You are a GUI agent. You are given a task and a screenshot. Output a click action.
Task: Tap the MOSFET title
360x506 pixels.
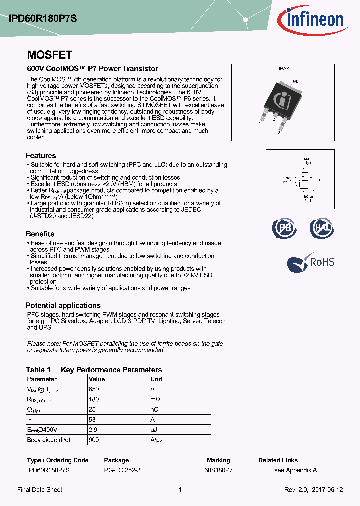(x=49, y=55)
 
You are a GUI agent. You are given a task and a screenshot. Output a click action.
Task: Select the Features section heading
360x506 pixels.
(x=41, y=156)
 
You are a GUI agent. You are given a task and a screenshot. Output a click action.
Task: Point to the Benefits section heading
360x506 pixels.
(x=40, y=234)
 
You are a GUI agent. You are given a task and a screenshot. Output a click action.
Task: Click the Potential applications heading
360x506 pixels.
(x=63, y=305)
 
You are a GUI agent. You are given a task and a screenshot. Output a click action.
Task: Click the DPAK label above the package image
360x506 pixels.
(x=283, y=69)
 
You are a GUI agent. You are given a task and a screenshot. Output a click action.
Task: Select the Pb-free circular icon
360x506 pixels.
(x=284, y=228)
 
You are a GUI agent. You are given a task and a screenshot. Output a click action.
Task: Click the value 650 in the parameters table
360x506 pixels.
(x=94, y=389)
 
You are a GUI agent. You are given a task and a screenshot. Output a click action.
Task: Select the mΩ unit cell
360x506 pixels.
(x=155, y=399)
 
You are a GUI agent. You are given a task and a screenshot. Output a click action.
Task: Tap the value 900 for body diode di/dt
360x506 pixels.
(x=94, y=440)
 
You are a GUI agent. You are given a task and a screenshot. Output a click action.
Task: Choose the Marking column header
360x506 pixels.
(x=218, y=460)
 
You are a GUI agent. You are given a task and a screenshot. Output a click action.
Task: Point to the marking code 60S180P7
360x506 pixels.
(x=218, y=470)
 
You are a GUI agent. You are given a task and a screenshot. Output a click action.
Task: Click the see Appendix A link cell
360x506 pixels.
(x=295, y=470)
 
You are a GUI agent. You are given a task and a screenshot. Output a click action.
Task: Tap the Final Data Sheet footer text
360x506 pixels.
(x=40, y=490)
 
